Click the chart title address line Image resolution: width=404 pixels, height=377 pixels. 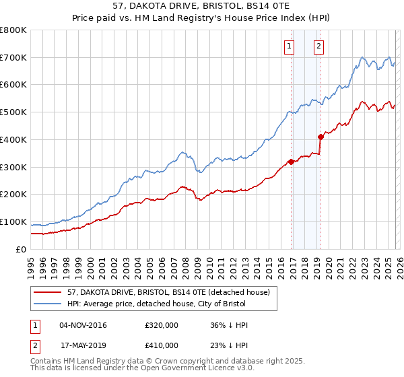(x=201, y=5)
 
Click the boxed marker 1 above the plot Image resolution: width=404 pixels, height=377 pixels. (x=290, y=46)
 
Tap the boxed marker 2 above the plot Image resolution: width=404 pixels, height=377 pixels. (x=318, y=46)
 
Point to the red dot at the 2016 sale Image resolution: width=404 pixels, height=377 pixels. (x=291, y=162)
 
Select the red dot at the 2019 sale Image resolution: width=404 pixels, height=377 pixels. (x=321, y=137)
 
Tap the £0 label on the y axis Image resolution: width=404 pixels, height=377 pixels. (x=22, y=249)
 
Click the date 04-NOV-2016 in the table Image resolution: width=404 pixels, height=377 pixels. (x=83, y=325)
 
